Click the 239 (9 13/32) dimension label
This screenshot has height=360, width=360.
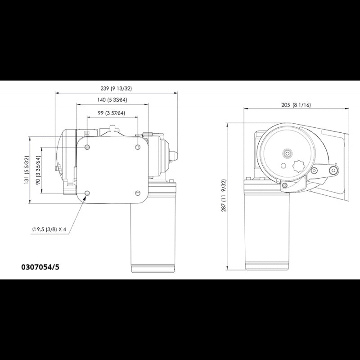[115, 88]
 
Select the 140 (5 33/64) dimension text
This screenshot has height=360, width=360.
[112, 100]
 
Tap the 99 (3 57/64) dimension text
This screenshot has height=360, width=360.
[112, 113]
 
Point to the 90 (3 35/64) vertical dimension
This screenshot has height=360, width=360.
[39, 169]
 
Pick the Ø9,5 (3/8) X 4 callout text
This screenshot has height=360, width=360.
[49, 229]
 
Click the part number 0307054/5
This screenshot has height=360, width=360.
[40, 267]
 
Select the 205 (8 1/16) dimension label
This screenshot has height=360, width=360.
[296, 105]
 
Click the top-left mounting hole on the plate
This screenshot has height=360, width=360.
[87, 147]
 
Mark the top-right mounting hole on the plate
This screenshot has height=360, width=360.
[137, 147]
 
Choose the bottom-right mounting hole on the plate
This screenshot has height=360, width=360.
[137, 193]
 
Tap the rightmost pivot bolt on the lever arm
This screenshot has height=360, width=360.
[333, 170]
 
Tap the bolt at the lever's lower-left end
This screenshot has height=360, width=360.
[284, 185]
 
